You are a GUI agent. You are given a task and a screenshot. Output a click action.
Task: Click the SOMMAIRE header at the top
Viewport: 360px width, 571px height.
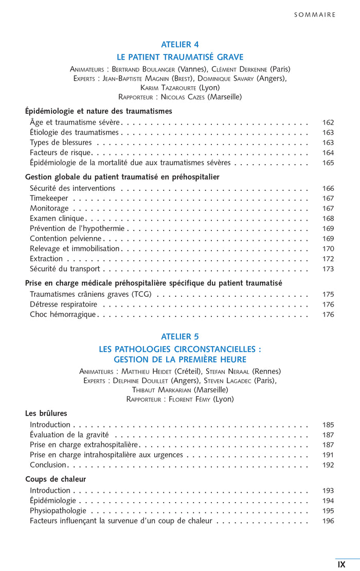315,15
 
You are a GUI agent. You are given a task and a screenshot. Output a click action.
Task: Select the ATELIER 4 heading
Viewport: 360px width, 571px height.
180,44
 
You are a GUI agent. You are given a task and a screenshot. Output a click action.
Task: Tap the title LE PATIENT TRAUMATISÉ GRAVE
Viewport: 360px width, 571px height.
180,57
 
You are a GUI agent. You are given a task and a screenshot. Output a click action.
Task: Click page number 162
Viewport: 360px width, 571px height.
328,122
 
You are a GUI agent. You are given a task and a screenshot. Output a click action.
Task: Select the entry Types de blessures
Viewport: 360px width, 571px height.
61,142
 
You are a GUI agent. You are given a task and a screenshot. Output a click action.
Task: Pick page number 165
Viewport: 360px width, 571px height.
328,163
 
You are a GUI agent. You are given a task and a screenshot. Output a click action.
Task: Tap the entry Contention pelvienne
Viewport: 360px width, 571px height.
66,239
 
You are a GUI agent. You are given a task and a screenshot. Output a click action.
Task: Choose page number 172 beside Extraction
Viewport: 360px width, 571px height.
328,259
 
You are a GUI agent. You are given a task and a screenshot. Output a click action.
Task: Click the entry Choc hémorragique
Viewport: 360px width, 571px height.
63,314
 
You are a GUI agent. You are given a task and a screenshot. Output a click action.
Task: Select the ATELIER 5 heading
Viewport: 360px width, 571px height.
180,337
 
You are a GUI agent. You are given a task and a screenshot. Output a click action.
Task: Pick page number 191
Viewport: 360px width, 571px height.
328,455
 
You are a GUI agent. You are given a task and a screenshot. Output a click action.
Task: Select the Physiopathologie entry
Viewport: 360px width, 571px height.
58,511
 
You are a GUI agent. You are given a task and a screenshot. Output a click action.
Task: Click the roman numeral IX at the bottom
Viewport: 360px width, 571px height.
341,564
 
